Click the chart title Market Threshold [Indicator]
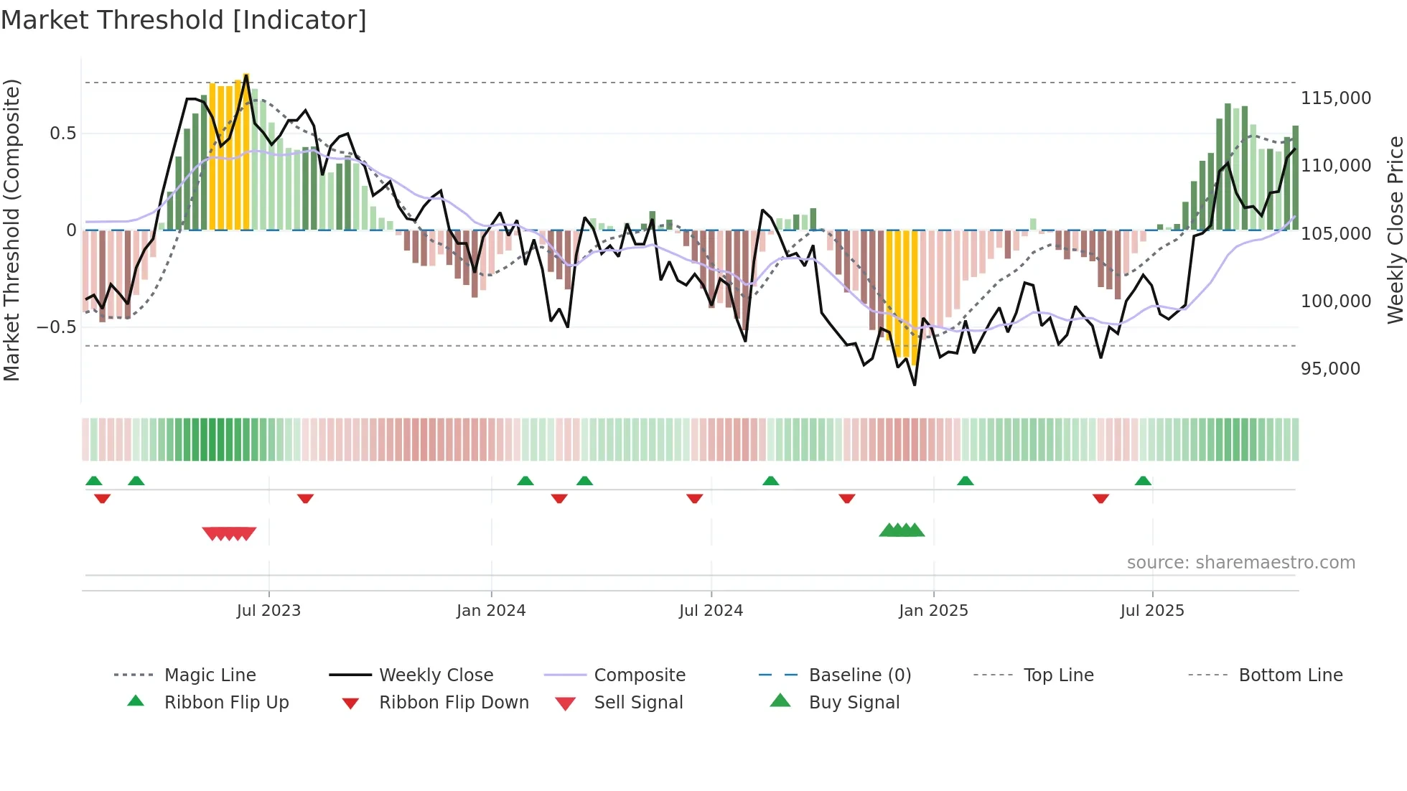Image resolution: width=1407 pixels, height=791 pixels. pos(184,20)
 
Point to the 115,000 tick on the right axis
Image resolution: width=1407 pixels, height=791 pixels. pos(1335,98)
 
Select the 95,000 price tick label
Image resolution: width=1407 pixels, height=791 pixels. pos(1329,369)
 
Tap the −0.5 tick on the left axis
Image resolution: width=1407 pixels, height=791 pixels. pos(56,327)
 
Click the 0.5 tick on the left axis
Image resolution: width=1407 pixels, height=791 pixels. pos(62,134)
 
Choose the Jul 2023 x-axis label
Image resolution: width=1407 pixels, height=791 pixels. pos(268,611)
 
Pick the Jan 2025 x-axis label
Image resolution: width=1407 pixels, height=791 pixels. pos(932,611)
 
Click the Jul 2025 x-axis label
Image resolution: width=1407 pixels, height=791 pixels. pos(1151,611)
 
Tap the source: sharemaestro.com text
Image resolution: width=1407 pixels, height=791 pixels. pos(1240,563)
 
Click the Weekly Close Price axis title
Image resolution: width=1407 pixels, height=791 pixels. pos(1395,230)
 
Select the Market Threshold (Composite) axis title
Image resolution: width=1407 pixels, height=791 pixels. pos(11,230)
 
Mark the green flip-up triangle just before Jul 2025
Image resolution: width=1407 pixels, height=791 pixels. pos(1143,481)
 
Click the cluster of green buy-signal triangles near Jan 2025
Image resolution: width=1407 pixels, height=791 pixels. pos(902,530)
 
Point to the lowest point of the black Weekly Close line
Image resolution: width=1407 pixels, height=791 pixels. pos(915,385)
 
